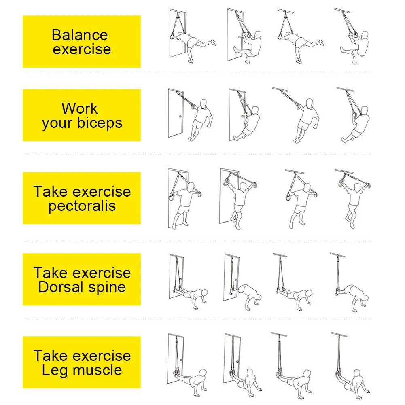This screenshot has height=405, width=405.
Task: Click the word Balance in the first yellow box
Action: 80,35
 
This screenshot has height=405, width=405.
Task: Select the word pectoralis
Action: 82,206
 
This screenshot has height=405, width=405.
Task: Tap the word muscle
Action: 98,370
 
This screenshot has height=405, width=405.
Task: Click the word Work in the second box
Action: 80,108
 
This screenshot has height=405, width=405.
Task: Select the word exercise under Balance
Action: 82,49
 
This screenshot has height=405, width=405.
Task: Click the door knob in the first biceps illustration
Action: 180,117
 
